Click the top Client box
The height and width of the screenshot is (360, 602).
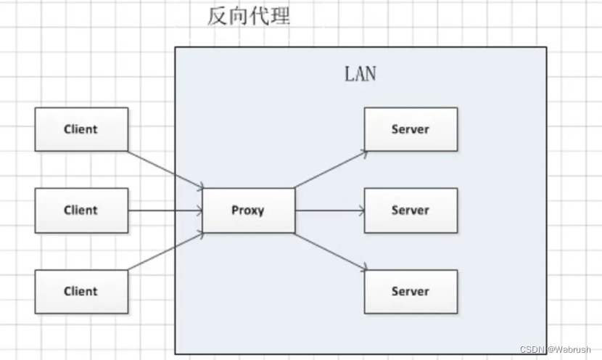[x=81, y=129]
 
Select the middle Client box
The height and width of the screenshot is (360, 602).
[x=81, y=210]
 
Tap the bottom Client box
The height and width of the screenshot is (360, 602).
[x=81, y=292]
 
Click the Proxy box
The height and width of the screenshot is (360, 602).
[x=248, y=210]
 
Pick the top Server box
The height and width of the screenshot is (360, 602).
[x=411, y=129]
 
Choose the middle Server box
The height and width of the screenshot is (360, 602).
[x=411, y=210]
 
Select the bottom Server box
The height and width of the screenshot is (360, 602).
[x=411, y=292]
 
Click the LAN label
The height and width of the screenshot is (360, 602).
[x=360, y=75]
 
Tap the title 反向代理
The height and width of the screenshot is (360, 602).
[x=248, y=16]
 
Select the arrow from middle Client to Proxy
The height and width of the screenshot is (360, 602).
[x=165, y=210]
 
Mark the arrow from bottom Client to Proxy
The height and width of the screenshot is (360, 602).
[x=165, y=251]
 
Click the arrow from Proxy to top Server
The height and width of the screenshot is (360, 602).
[x=330, y=170]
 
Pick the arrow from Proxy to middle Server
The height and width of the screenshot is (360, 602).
[x=330, y=210]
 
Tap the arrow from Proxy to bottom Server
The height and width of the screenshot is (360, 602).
[x=330, y=251]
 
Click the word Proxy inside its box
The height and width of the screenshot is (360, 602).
[x=248, y=210]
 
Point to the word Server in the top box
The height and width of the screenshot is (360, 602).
[x=411, y=129]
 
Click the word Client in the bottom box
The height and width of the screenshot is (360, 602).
[x=81, y=292]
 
